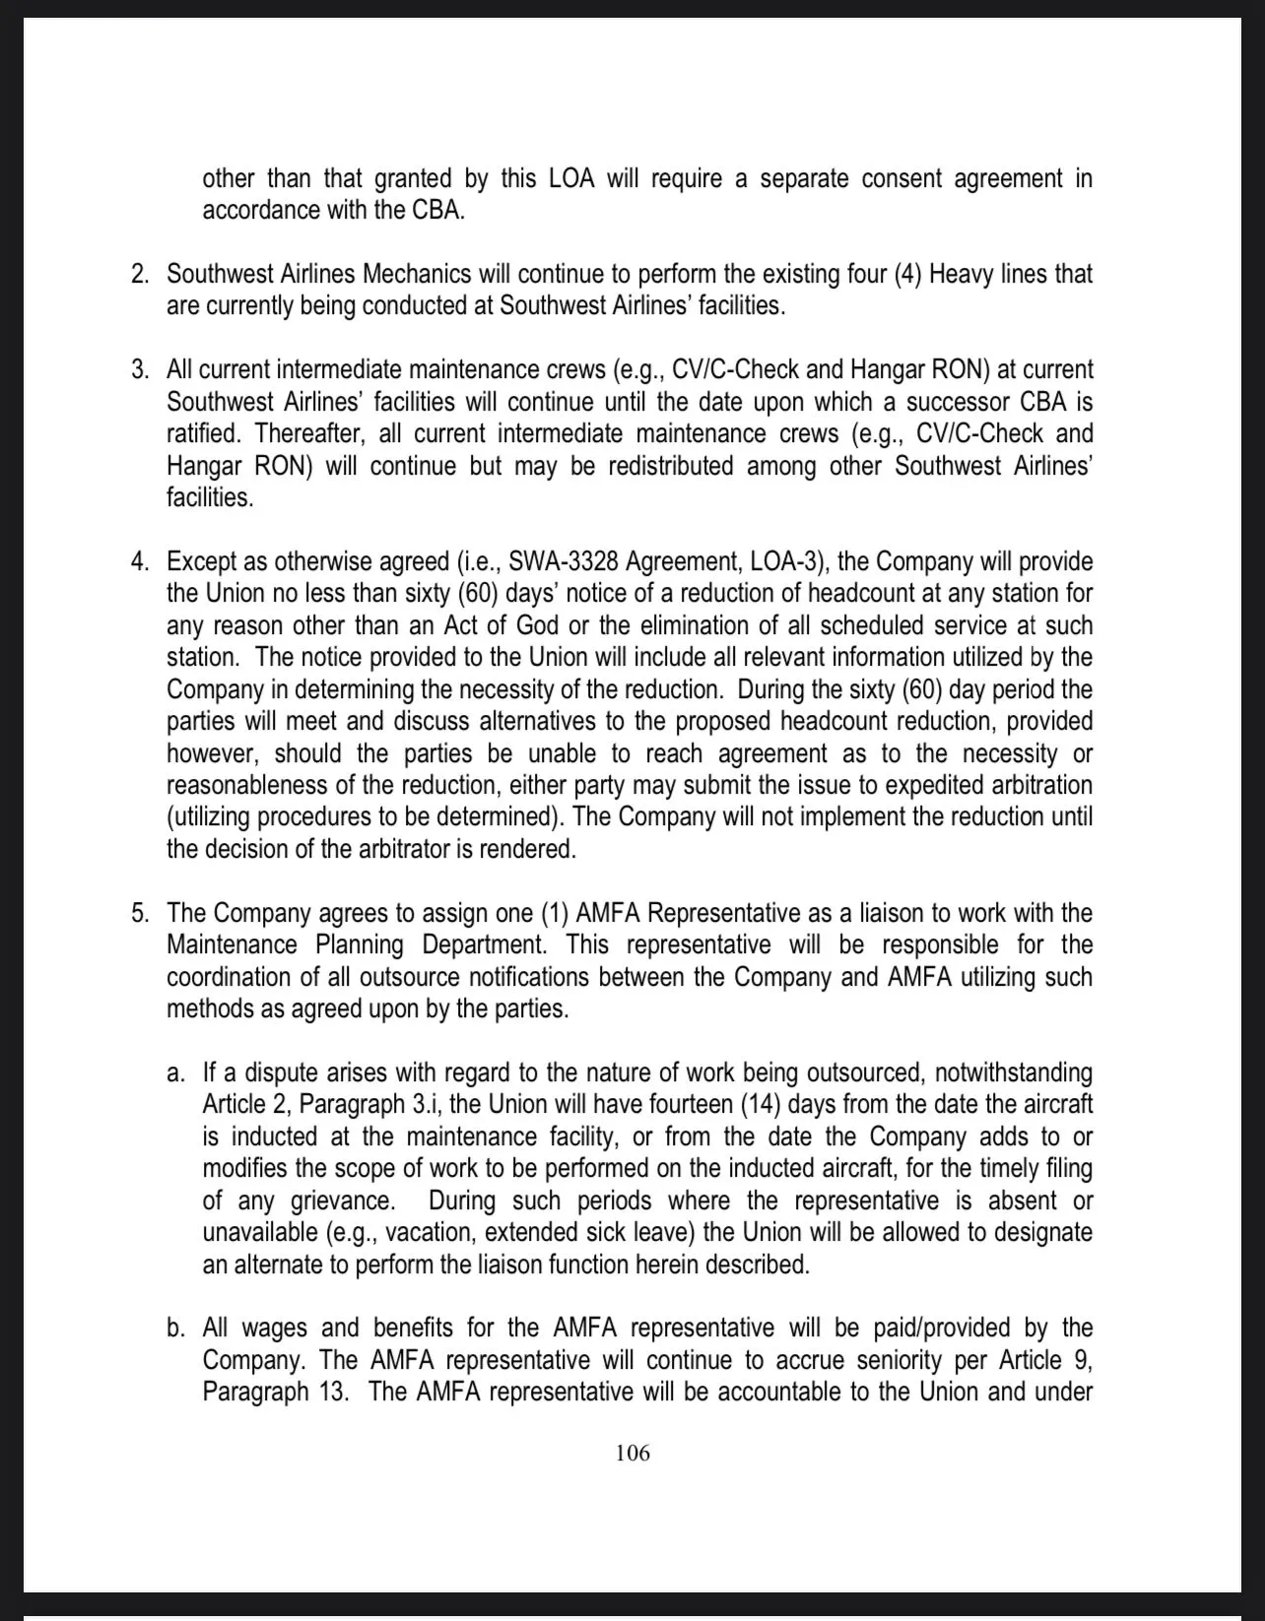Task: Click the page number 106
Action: [x=632, y=1453]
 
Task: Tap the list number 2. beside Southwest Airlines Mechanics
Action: [x=140, y=274]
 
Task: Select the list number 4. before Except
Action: [x=140, y=561]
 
